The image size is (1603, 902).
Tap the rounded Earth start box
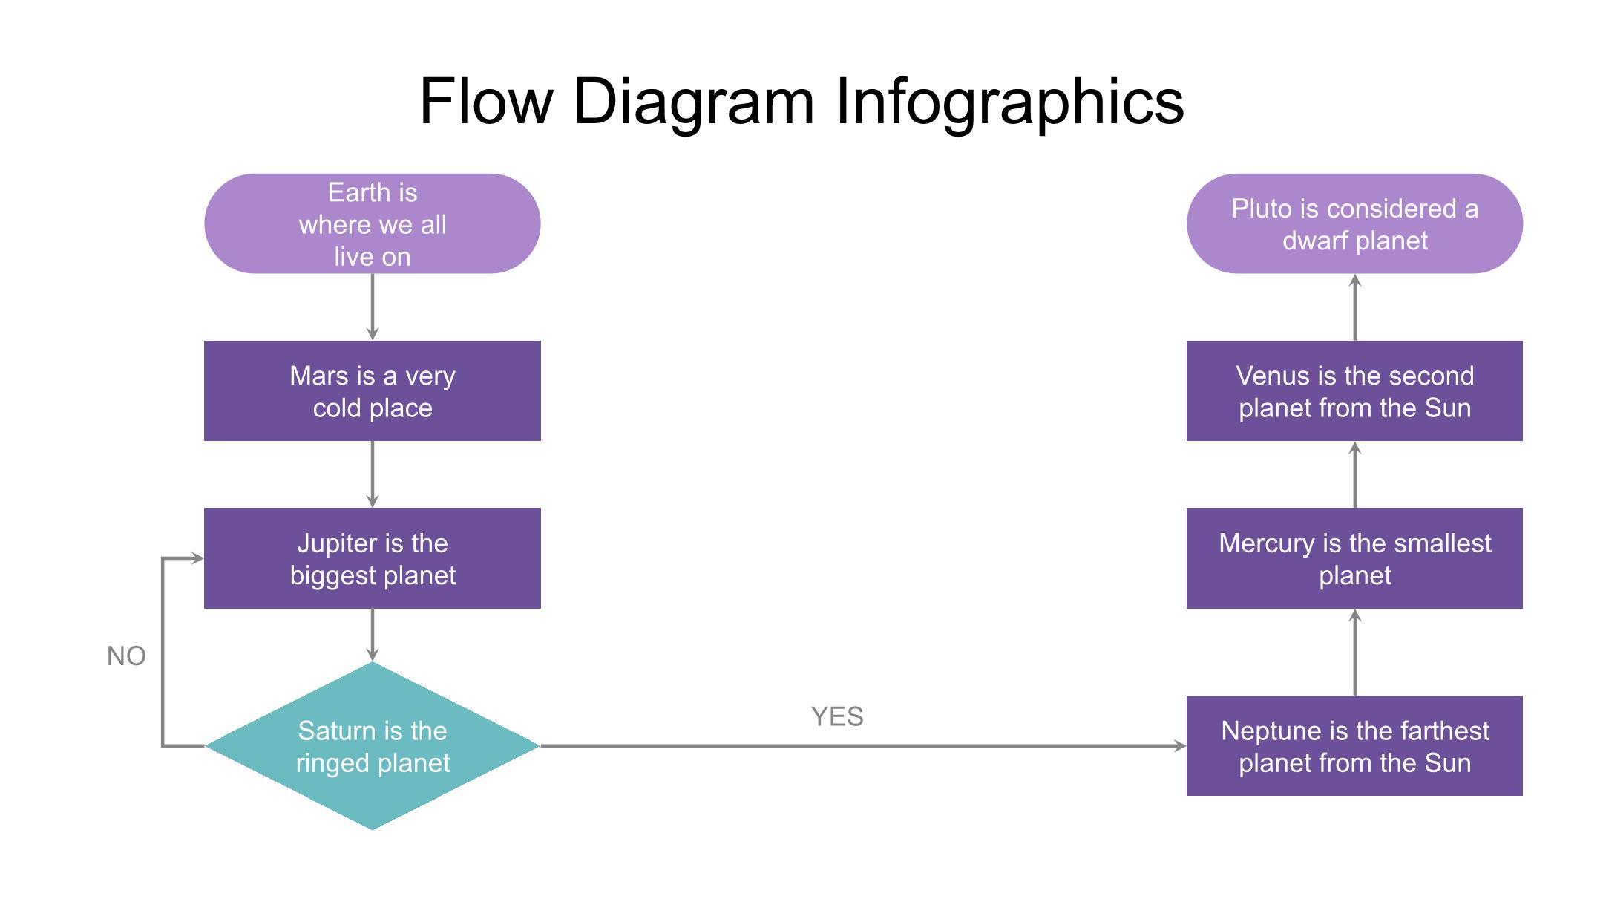pos(372,224)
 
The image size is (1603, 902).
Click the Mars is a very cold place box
pos(372,391)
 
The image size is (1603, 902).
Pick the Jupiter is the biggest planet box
pos(372,558)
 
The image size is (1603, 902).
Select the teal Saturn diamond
pos(372,745)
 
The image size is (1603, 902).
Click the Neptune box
pos(1354,745)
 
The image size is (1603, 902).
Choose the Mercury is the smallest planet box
pos(1354,558)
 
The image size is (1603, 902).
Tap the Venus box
pos(1354,391)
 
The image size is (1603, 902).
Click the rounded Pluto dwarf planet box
pos(1354,224)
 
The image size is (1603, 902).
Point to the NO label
pos(126,656)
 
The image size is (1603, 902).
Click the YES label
pos(837,717)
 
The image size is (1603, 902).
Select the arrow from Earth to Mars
pos(373,306)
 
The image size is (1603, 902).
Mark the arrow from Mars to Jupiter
pos(373,474)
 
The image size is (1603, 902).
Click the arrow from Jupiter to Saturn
pos(373,634)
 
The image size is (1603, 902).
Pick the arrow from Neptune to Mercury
pos(1355,653)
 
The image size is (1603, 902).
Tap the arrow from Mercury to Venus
pos(1355,475)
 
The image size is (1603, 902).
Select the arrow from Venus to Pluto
pos(1355,307)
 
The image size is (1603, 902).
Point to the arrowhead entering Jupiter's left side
pos(197,558)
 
